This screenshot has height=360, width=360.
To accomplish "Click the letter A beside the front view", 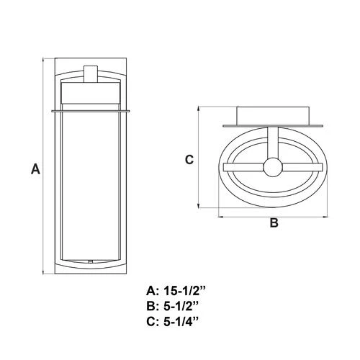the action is click(x=35, y=168).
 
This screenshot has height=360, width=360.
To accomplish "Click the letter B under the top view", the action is click(x=274, y=222).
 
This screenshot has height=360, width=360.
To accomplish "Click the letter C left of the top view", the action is click(x=189, y=160).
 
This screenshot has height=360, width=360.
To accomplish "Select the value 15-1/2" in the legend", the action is click(x=184, y=291).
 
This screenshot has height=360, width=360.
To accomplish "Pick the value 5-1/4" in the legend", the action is click(x=181, y=322).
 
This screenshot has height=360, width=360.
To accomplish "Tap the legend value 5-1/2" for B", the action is click(x=181, y=306).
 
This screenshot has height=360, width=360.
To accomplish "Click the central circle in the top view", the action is click(x=273, y=167).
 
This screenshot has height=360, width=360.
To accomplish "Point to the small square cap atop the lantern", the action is click(x=91, y=74).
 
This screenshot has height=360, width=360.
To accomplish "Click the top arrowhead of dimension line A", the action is click(x=43, y=60).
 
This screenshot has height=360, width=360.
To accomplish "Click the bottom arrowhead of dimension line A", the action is click(x=43, y=272).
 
